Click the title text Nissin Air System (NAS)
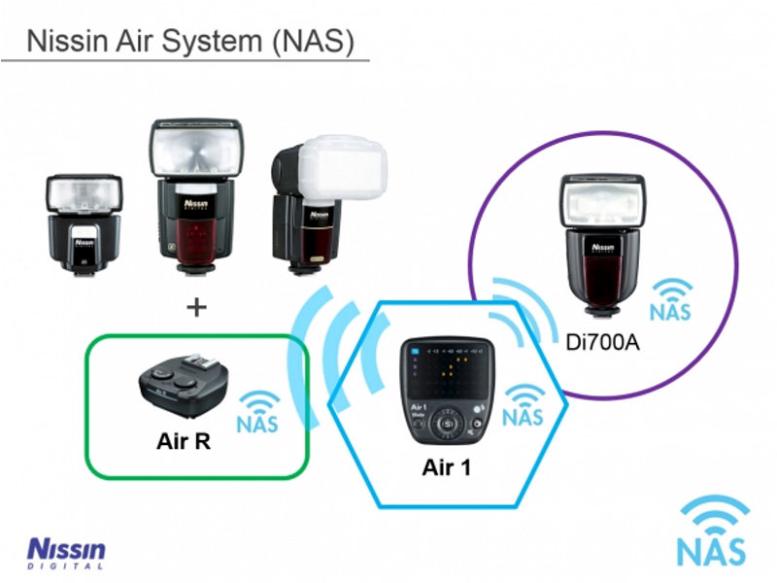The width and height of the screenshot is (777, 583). tap(189, 42)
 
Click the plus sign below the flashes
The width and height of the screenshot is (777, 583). tap(197, 308)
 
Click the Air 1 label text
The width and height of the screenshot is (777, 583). tap(447, 467)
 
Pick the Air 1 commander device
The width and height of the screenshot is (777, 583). tap(447, 390)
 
